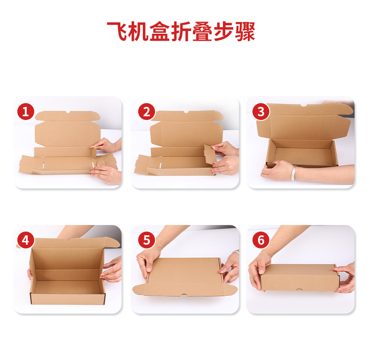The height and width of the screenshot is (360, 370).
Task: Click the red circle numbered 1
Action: (x=26, y=112)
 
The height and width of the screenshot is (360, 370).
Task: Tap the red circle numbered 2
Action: (x=147, y=112)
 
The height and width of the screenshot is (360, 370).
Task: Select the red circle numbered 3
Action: (x=261, y=112)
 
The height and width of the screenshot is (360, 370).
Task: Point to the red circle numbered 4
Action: (x=26, y=240)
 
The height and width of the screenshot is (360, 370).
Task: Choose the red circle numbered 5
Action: (x=147, y=240)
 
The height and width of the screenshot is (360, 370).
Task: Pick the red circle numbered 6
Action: (x=261, y=240)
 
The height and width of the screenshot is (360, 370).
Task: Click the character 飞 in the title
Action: (x=117, y=31)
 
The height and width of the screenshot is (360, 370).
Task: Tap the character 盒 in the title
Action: (x=160, y=31)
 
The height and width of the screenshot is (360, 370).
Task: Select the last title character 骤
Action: (x=245, y=31)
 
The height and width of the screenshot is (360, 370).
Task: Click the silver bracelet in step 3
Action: (x=294, y=172)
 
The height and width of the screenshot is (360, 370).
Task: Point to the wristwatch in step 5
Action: (x=236, y=252)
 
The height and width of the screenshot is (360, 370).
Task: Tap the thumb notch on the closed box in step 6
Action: (x=299, y=289)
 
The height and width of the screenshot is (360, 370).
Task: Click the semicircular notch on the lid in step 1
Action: (x=68, y=112)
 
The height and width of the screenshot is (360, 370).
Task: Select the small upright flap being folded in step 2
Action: (x=210, y=154)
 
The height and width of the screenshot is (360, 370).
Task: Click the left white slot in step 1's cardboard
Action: (x=44, y=165)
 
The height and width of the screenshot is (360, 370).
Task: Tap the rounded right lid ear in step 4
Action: (x=113, y=242)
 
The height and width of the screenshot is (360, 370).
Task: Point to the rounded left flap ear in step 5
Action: (x=139, y=290)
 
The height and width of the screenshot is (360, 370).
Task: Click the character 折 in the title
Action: (x=181, y=31)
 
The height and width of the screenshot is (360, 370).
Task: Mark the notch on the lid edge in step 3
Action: (x=303, y=105)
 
